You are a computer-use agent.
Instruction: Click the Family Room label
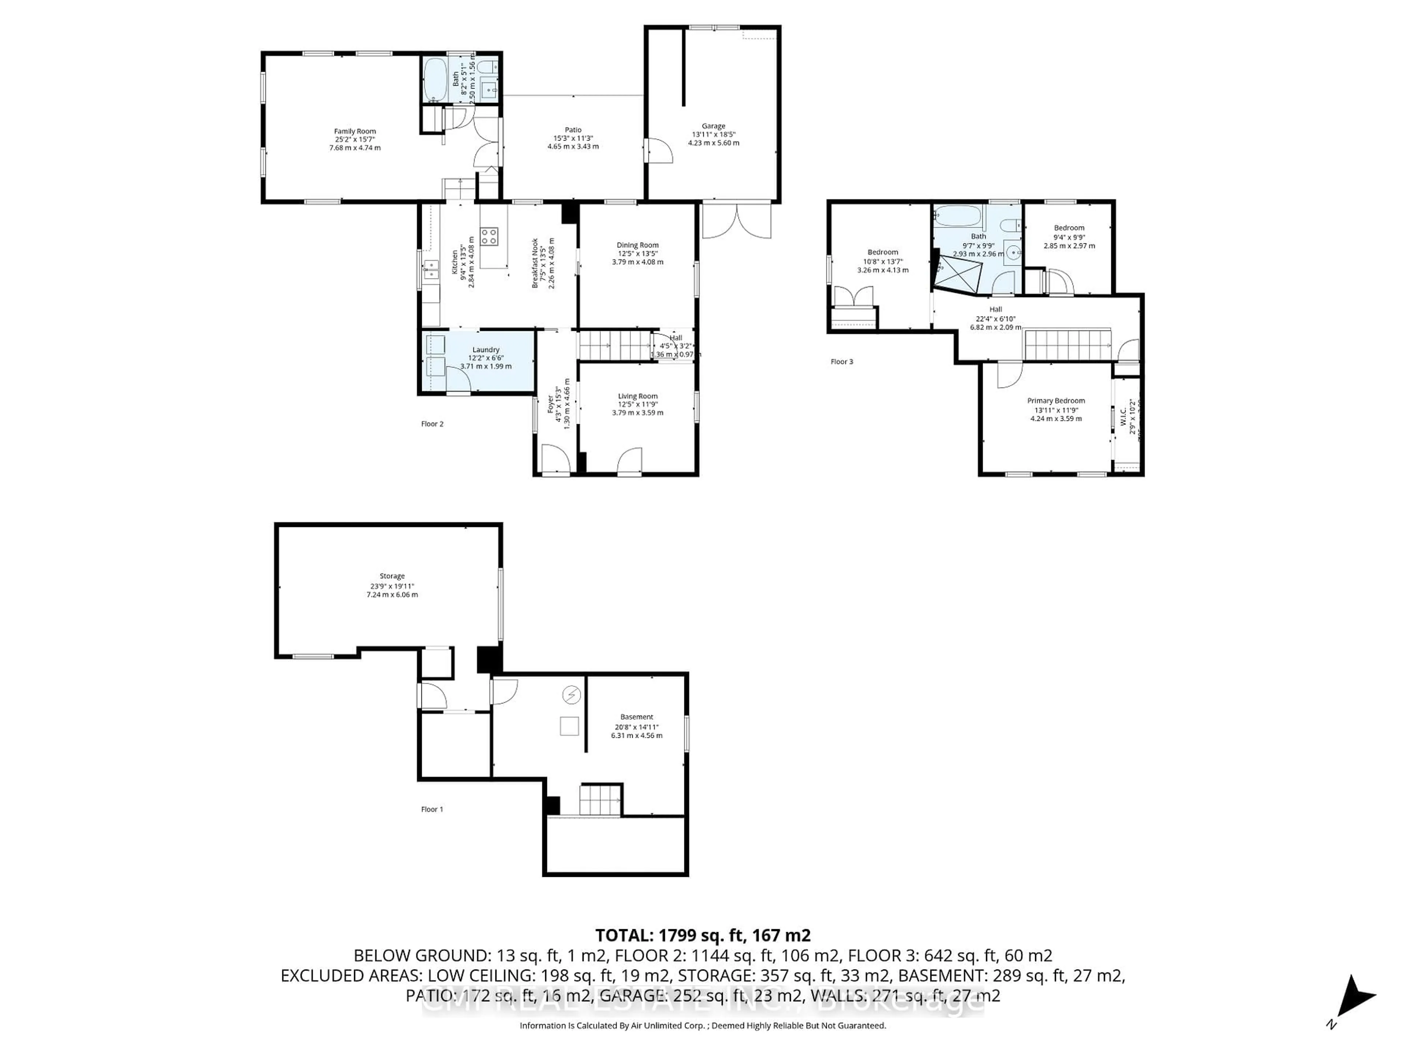pos(355,131)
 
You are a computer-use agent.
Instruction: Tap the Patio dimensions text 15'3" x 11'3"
pos(573,138)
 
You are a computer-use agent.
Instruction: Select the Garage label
pos(713,126)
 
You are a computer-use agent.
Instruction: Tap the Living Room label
pos(637,396)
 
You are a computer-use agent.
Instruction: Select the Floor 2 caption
pos(432,424)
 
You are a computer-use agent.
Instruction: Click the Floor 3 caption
pos(841,362)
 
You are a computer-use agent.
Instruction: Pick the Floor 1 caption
pos(432,810)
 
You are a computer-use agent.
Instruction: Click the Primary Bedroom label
pos(1056,401)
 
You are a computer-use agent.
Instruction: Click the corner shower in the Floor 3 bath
pos(957,273)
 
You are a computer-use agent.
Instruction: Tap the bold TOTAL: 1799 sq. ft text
pos(702,935)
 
